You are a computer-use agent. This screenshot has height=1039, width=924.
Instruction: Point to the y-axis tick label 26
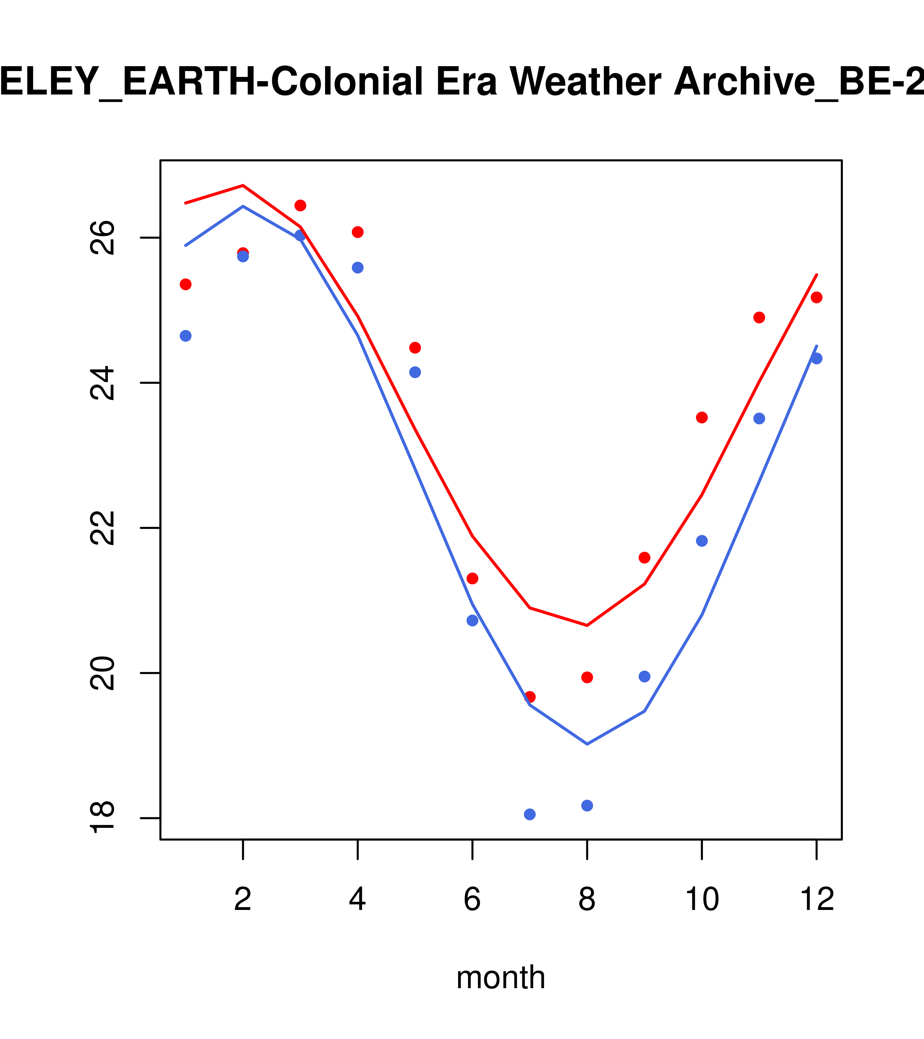pyautogui.click(x=103, y=237)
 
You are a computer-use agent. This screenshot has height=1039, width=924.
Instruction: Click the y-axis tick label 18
pyautogui.click(x=103, y=818)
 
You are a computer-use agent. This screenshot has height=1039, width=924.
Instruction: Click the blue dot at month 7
pyautogui.click(x=529, y=814)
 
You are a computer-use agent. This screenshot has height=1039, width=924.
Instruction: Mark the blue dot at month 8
pyautogui.click(x=587, y=806)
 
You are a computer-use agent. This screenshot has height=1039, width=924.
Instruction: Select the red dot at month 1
pyautogui.click(x=186, y=284)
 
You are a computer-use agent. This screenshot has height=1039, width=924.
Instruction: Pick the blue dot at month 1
pyautogui.click(x=186, y=336)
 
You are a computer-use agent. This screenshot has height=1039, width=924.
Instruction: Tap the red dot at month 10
pyautogui.click(x=702, y=417)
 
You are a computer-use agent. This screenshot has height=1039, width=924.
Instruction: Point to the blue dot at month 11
pyautogui.click(x=759, y=418)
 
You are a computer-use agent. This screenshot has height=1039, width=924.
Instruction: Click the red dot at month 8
pyautogui.click(x=587, y=677)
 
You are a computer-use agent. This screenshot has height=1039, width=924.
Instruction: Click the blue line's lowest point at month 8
pyautogui.click(x=587, y=744)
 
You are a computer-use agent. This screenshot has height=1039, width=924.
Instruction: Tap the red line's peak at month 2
pyautogui.click(x=243, y=185)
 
